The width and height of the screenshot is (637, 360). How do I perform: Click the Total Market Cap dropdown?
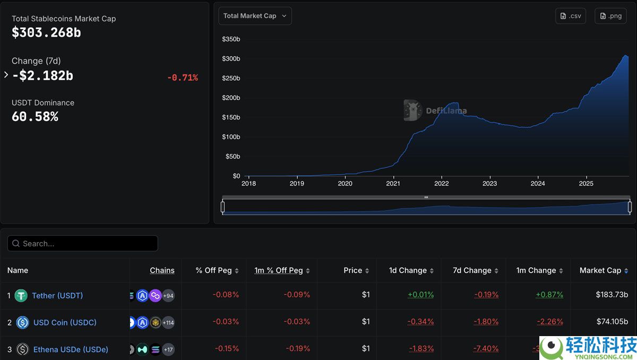coord(255,16)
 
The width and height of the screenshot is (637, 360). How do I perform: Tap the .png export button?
coord(610,16)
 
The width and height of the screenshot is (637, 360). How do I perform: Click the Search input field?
coord(83,244)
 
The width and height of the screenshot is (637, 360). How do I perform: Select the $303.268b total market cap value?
coord(46,32)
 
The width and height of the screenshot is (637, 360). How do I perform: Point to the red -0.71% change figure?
coord(182,78)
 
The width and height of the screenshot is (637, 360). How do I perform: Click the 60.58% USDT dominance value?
coord(35,116)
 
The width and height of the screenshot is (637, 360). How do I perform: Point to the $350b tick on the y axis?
coord(231,39)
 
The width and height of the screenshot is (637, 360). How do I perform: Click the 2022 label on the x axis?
coord(441,184)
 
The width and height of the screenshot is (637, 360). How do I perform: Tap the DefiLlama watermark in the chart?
coord(435,110)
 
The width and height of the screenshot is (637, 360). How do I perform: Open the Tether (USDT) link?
coord(57,296)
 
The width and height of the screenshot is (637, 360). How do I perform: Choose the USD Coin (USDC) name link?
coord(65,322)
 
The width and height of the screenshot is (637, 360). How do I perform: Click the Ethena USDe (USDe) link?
coord(71,349)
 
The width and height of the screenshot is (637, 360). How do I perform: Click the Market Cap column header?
coord(600,270)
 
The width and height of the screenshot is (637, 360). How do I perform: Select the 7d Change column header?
coord(472,270)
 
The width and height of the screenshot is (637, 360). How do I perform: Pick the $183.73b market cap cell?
coord(612,295)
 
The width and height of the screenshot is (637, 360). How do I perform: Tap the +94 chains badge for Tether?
coord(168,296)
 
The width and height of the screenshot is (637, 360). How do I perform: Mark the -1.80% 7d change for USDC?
coord(486,322)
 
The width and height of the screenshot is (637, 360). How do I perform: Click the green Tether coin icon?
coord(21,296)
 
